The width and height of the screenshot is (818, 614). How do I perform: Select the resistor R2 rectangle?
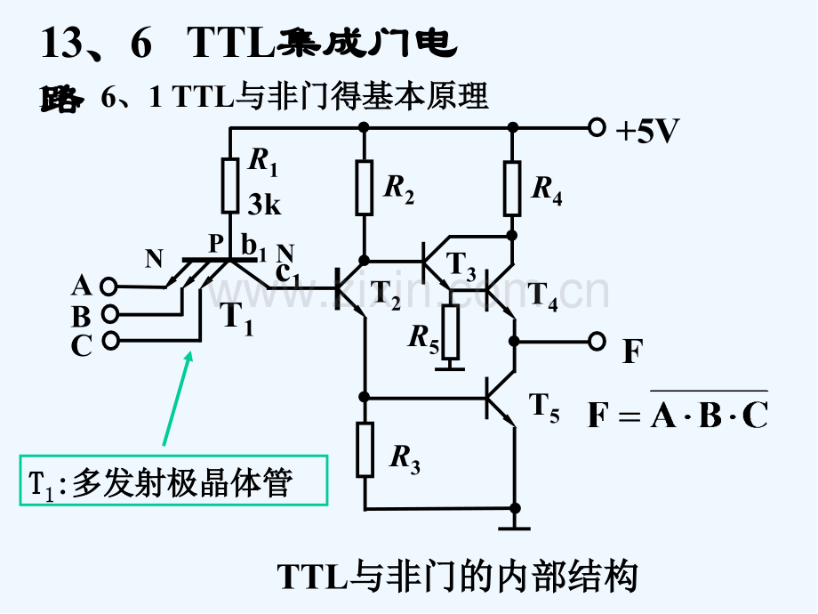pos(364,188)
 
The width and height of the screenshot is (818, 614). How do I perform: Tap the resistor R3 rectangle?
pos(364,449)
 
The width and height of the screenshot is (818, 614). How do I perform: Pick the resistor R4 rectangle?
pos(511,189)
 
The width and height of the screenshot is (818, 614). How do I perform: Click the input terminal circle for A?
pos(108,286)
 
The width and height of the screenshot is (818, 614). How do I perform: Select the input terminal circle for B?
pos(108,313)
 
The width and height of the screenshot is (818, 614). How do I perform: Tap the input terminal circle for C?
pos(108,340)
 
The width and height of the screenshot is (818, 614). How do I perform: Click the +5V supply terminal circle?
pos(597,128)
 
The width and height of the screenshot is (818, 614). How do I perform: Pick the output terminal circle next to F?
pos(597,340)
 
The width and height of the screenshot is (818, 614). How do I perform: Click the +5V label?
pos(647,132)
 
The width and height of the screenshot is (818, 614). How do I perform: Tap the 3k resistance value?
pos(264,206)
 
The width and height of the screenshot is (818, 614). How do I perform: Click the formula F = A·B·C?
pos(678,413)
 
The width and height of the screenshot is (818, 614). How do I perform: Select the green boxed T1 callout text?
pos(173,482)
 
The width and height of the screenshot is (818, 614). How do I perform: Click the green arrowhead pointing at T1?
pos(188,358)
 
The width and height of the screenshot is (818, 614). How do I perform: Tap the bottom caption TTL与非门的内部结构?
pos(458,577)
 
